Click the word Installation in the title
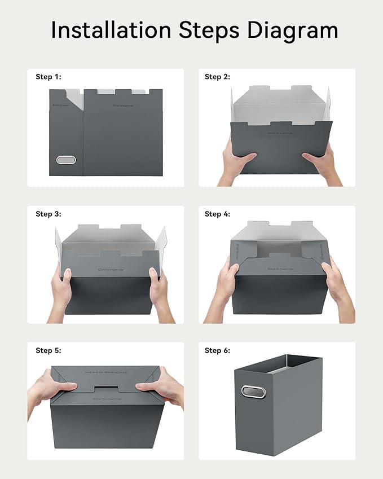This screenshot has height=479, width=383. pyautogui.click(x=110, y=30)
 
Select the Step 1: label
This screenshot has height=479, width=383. pyautogui.click(x=48, y=77)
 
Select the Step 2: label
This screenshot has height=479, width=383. pyautogui.click(x=217, y=77)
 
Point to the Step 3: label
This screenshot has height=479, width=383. pyautogui.click(x=48, y=214)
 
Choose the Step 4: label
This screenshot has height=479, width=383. pyautogui.click(x=217, y=214)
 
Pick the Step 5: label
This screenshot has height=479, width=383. pyautogui.click(x=48, y=350)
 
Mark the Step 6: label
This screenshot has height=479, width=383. pyautogui.click(x=217, y=350)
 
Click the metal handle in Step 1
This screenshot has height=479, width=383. pyautogui.click(x=66, y=160)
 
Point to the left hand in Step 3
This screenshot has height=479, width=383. pyautogui.click(x=61, y=291)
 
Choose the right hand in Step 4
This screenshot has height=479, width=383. pyautogui.click(x=338, y=288)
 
